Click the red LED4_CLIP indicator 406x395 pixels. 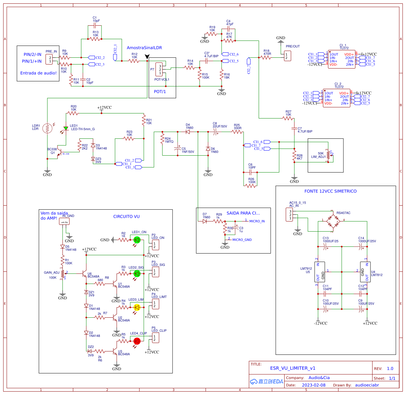coord(137,341)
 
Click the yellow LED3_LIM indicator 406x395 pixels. coord(137,307)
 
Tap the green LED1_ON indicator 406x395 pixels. coord(137,240)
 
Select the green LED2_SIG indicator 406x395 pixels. coord(137,273)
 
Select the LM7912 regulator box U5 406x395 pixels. coord(320,272)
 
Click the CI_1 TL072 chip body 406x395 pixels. coord(342,59)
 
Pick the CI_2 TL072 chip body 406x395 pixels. coord(337,98)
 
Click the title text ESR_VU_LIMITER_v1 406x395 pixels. coord(293,368)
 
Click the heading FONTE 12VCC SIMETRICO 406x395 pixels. coord(330,191)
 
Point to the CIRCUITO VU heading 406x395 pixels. coord(126,216)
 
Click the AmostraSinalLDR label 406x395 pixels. coord(144,48)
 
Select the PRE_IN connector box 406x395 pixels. coord(49,59)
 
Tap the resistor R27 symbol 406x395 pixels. coord(288,118)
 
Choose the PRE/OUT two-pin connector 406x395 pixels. coord(287,56)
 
